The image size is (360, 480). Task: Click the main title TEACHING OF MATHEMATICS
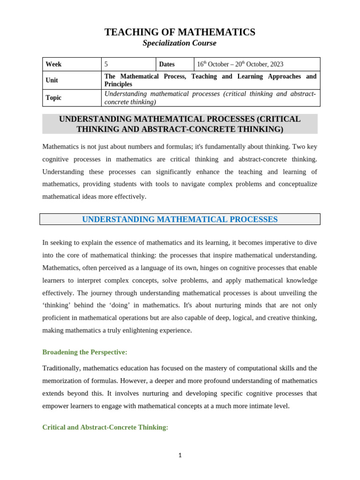180,32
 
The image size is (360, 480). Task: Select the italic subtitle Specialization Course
180,43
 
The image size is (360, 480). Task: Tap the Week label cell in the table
53,64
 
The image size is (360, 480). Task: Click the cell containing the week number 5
106,64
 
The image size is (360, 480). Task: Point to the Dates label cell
167,64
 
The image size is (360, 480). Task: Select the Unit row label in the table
52,80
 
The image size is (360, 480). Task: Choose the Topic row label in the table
53,97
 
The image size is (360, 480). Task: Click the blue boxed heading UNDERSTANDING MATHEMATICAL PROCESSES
180,219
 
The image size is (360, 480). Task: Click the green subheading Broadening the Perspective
85,352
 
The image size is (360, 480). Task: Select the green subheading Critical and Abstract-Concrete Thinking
105,427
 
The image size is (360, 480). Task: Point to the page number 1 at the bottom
180,455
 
